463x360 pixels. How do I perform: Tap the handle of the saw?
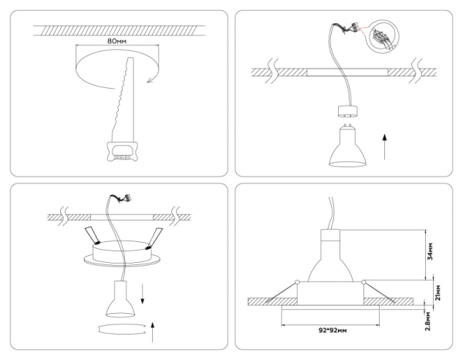click(119, 150)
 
